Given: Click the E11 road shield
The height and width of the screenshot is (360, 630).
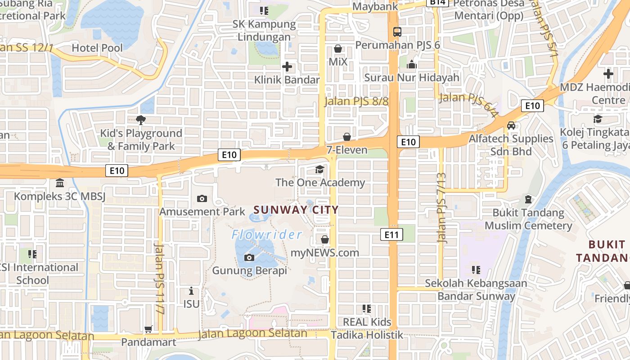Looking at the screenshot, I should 391,234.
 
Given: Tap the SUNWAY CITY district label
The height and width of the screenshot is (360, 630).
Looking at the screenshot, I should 296,210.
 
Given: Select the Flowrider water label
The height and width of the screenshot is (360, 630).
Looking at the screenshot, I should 267,234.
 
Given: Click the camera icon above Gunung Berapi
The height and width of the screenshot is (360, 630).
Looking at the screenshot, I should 249,258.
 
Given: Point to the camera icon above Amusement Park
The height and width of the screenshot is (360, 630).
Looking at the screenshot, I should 202,198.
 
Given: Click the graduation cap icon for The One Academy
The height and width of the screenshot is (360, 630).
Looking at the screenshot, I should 319,170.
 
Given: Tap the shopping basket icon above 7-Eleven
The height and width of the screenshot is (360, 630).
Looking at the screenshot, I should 347,137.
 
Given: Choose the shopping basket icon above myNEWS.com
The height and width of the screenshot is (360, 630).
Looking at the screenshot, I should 324,240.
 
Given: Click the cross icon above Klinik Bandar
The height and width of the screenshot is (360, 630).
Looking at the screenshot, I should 287,67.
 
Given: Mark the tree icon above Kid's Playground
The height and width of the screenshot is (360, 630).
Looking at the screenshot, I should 141,120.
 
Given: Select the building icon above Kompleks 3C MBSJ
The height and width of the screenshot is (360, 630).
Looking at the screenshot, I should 59,183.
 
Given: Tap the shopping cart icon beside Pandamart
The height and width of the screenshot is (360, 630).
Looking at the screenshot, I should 148,329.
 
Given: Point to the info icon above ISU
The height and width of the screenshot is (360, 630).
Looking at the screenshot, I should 191,291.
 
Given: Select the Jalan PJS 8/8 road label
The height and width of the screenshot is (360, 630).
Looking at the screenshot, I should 356,101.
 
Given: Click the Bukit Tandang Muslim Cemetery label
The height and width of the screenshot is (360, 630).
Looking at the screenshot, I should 528,219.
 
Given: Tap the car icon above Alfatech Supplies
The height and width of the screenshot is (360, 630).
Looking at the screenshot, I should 511,126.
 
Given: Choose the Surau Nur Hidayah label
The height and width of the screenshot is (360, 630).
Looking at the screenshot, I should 412,77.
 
